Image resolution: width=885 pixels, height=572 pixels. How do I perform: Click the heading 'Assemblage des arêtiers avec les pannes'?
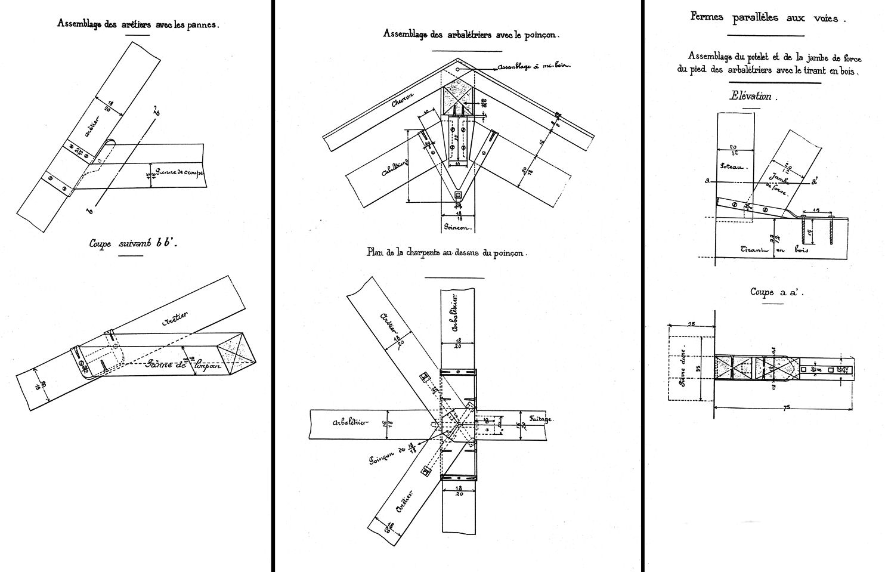(x=138, y=24)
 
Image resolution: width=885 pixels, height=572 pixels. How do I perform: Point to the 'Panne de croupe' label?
(x=180, y=173)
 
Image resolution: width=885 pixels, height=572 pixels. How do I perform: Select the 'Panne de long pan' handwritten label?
(x=182, y=365)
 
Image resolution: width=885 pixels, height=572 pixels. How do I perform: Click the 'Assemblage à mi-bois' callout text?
(x=533, y=66)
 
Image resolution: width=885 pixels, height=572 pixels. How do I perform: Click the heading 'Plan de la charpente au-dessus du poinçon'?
(x=447, y=253)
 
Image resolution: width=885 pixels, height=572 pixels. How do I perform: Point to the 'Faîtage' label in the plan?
(x=541, y=419)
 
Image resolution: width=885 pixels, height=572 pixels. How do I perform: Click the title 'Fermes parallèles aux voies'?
(x=768, y=17)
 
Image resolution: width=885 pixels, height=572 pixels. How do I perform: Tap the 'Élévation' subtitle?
(x=750, y=96)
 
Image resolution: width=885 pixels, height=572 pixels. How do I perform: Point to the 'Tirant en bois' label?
(x=774, y=250)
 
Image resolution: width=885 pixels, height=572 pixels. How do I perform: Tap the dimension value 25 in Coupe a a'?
(x=691, y=324)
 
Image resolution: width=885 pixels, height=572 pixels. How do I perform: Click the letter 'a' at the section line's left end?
(x=707, y=180)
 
